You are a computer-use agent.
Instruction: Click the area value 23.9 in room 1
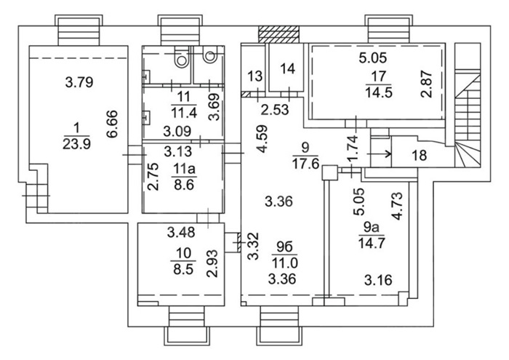(x=76, y=144)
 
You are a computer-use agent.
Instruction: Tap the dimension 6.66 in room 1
(x=112, y=124)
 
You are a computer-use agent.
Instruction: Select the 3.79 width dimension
(x=79, y=82)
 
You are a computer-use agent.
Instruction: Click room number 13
(x=254, y=76)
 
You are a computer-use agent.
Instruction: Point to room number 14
(x=287, y=69)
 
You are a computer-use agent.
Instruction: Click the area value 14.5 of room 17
(x=379, y=92)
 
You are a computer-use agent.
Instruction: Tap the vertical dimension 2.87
(x=427, y=84)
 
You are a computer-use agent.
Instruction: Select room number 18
(x=420, y=155)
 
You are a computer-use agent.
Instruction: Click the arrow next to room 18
(x=381, y=153)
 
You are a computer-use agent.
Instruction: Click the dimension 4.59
(x=262, y=138)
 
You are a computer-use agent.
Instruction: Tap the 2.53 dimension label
(x=275, y=110)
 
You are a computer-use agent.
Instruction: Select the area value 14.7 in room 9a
(x=372, y=243)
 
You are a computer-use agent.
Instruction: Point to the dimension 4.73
(x=398, y=207)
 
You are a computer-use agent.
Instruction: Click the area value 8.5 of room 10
(x=183, y=269)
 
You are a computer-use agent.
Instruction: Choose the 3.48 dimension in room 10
(x=181, y=232)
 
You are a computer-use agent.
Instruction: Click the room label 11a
(x=184, y=169)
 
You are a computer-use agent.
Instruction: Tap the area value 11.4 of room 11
(x=183, y=113)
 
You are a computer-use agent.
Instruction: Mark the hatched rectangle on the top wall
(x=278, y=34)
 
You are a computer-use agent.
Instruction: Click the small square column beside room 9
(x=330, y=172)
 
